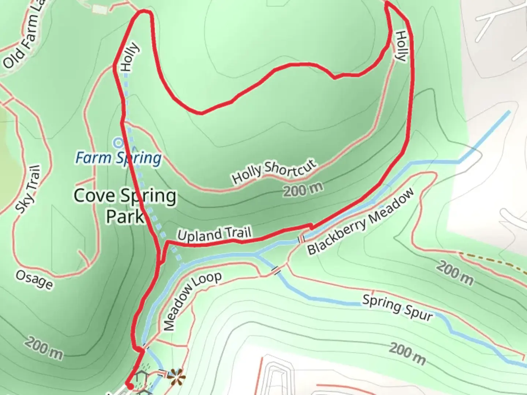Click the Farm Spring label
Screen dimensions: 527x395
[118, 158]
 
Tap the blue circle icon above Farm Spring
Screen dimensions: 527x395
[118, 143]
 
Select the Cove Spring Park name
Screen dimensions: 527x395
[125, 206]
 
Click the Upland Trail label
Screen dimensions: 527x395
[214, 234]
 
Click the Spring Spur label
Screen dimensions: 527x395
[397, 308]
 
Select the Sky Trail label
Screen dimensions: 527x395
[28, 189]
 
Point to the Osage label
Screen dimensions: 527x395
[34, 280]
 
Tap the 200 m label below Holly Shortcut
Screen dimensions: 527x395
[303, 189]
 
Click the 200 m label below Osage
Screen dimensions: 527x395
[44, 349]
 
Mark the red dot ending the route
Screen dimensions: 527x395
[129, 384]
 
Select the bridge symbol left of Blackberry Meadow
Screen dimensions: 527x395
[301, 240]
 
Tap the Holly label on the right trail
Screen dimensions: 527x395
[401, 46]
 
